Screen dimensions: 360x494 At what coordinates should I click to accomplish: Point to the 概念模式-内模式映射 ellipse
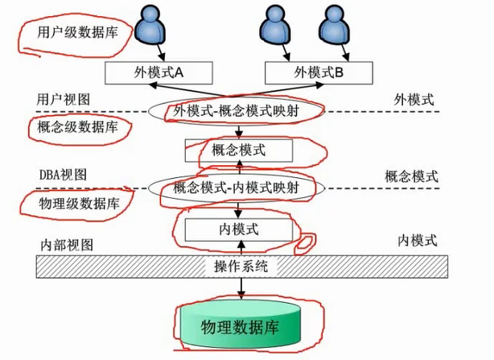[237, 188]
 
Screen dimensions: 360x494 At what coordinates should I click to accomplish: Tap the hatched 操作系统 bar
[241, 267]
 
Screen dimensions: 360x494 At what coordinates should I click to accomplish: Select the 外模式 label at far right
[414, 100]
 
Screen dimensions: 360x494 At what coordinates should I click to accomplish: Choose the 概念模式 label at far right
[411, 176]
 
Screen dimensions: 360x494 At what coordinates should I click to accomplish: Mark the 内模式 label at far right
[418, 240]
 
